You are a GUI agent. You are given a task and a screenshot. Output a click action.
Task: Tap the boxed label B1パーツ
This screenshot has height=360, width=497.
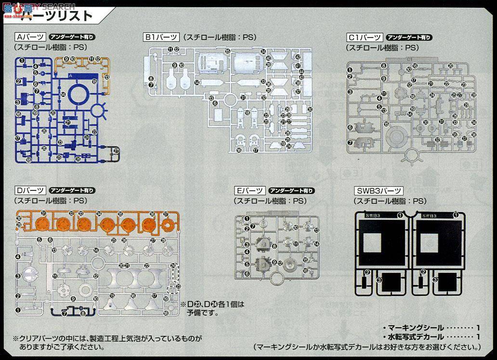pyautogui.click(x=161, y=37)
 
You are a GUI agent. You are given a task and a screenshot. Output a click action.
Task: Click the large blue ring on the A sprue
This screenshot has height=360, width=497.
pyautogui.click(x=78, y=93)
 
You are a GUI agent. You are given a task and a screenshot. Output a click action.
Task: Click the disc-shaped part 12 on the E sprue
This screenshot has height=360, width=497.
pyautogui.click(x=290, y=264)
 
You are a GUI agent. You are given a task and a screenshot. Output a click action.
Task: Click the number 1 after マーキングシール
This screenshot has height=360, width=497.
pyautogui.click(x=478, y=328)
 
